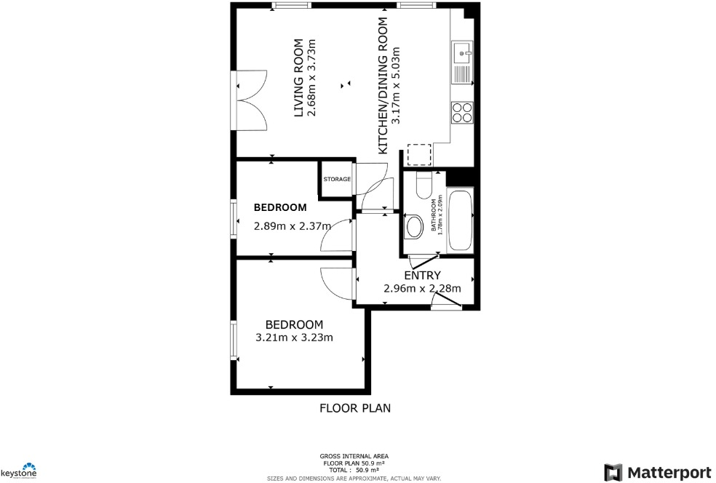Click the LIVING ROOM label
[x=298, y=80]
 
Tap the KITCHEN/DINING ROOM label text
[x=383, y=85]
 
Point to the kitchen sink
[x=462, y=52]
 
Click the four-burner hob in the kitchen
[x=462, y=111]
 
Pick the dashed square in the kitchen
[x=419, y=154]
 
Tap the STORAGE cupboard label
[x=337, y=179]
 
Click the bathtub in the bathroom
[x=461, y=220]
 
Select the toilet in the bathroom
[x=424, y=185]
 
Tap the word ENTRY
[x=422, y=275]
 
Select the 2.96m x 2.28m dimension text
[x=422, y=288]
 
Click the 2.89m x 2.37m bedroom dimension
[x=292, y=225]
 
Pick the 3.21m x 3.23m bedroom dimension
[x=294, y=338]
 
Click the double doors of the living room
[x=249, y=101]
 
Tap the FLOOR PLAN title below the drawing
[x=355, y=408]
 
